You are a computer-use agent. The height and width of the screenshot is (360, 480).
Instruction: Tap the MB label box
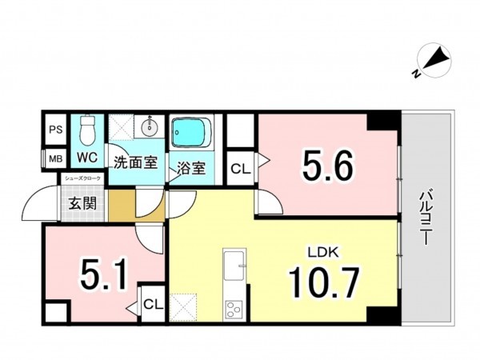point(55,158)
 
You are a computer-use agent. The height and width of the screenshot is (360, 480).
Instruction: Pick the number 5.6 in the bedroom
point(326,167)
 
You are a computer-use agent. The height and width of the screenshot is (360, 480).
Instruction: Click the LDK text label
point(326,252)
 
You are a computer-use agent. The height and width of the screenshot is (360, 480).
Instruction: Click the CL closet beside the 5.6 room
point(239,169)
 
